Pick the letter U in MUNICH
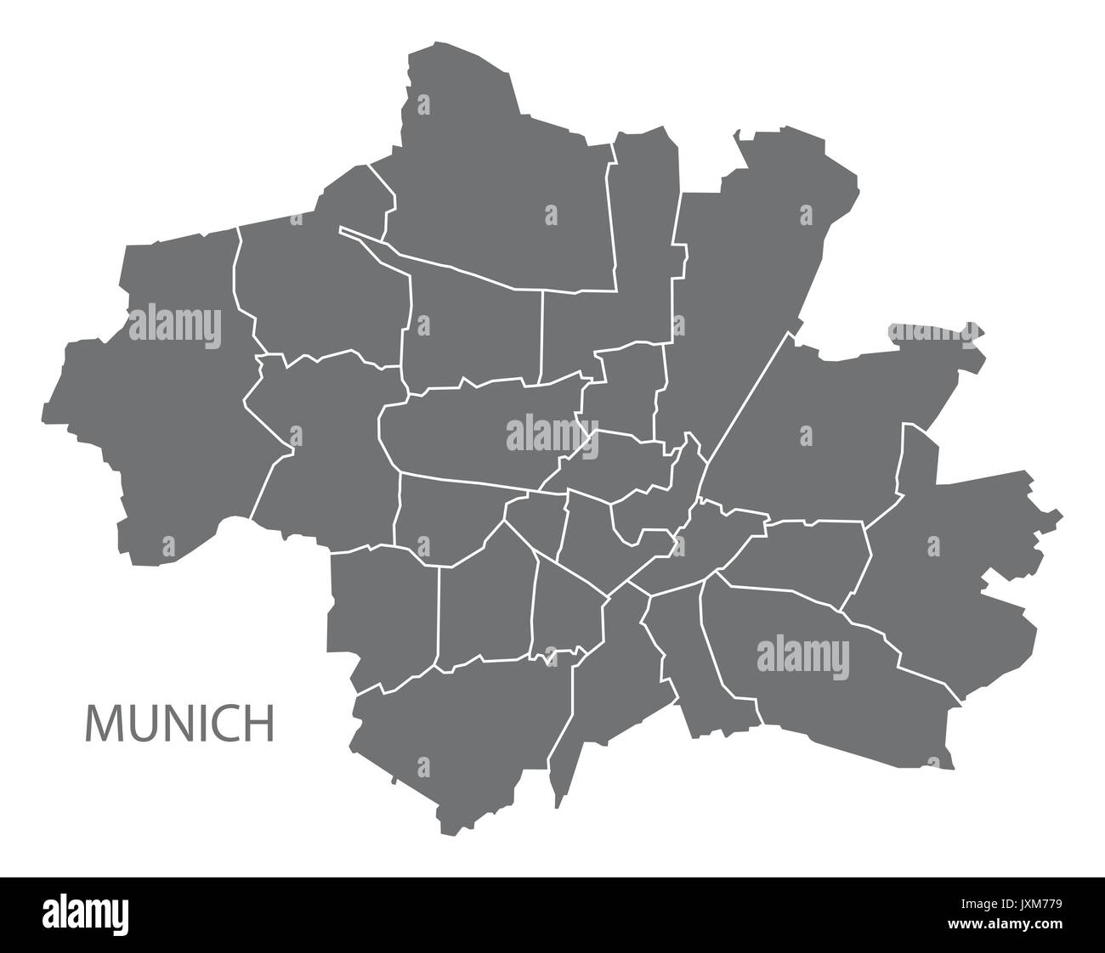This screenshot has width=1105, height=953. [140, 723]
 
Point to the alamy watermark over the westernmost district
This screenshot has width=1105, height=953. [174, 324]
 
